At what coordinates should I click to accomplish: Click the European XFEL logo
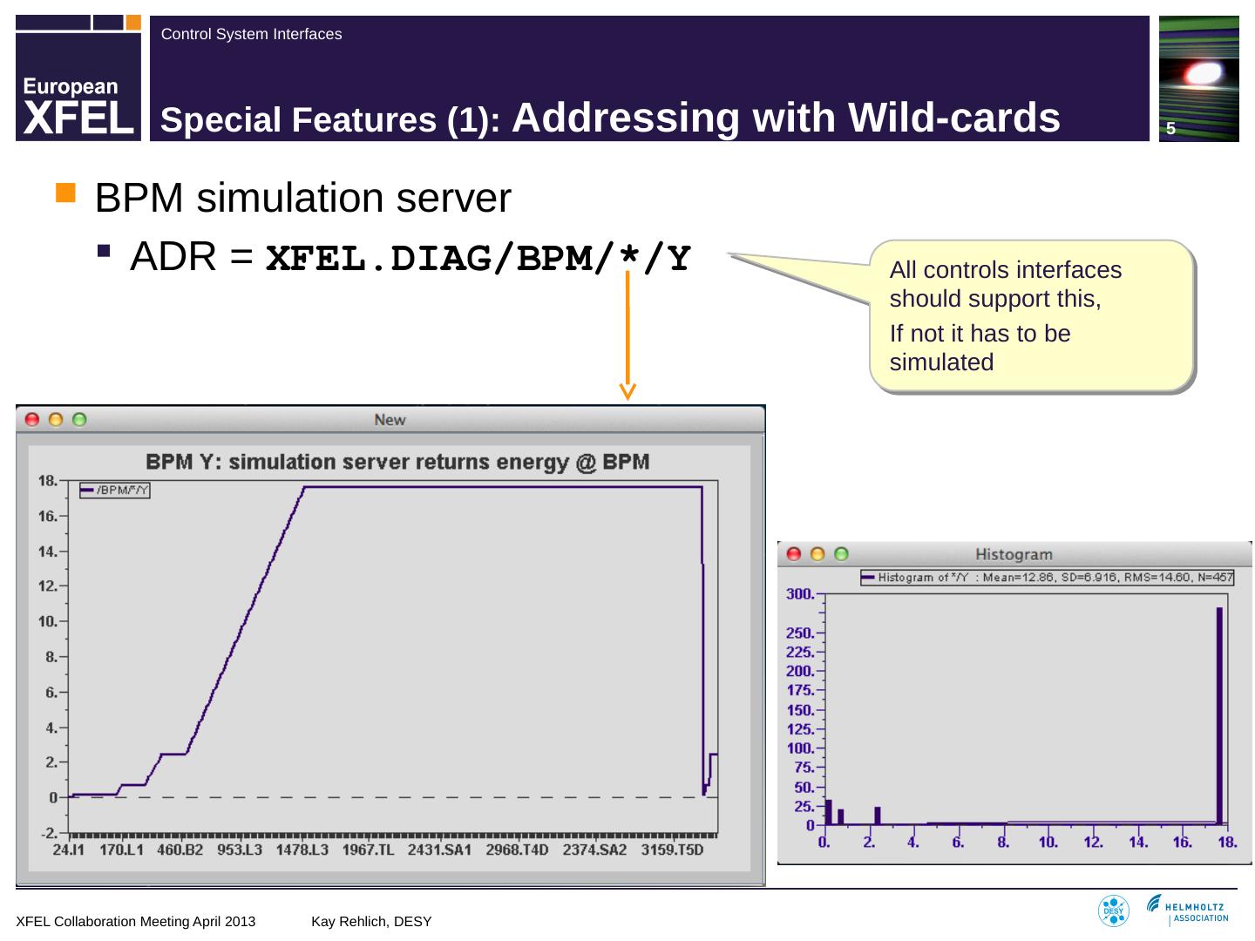(78, 78)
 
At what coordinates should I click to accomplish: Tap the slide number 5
(1171, 129)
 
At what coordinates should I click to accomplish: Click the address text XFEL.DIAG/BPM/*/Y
(478, 258)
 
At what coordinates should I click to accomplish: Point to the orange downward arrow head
(627, 391)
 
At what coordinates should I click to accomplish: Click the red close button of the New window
(32, 419)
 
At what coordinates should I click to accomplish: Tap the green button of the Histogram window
(841, 554)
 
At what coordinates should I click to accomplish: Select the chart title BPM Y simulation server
(397, 461)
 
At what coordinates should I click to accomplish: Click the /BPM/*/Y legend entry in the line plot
(115, 491)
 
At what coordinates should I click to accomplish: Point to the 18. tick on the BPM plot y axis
(48, 480)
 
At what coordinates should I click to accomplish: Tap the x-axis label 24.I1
(69, 850)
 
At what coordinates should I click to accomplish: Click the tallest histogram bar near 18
(1219, 714)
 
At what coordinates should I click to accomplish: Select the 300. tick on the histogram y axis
(801, 594)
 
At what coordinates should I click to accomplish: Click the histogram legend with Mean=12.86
(1047, 577)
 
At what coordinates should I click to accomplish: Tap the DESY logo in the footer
(1113, 911)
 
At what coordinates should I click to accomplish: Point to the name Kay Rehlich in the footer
(371, 921)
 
